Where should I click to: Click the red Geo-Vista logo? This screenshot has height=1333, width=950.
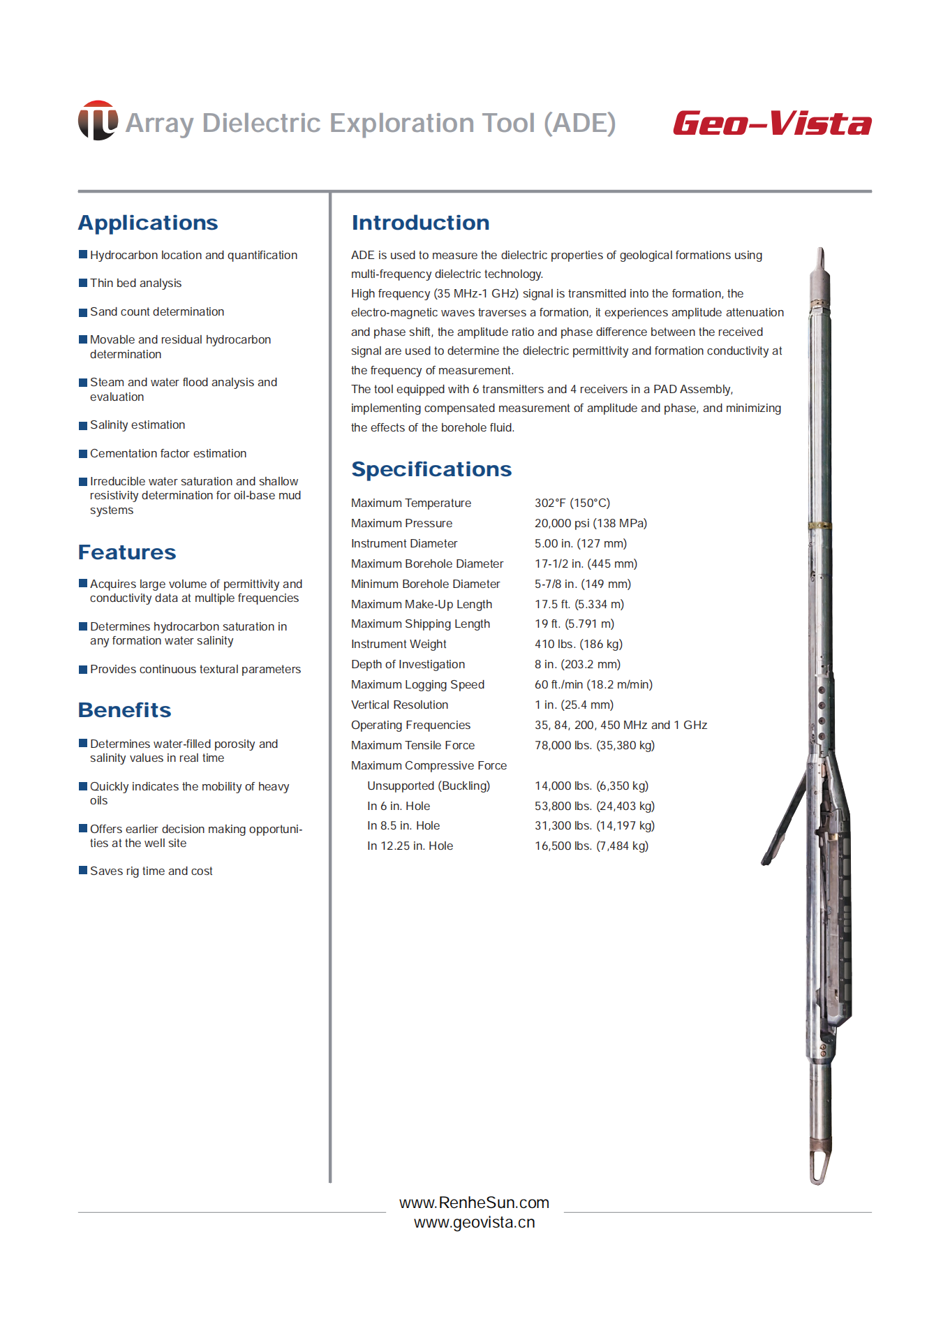[x=772, y=124]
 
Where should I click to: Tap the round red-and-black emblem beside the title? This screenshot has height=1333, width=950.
[x=98, y=120]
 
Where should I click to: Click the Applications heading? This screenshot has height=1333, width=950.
[x=148, y=223]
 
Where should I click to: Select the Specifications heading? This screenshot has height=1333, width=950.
[x=431, y=469]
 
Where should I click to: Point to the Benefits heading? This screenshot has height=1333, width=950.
[x=125, y=710]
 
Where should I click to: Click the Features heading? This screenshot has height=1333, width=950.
[x=127, y=552]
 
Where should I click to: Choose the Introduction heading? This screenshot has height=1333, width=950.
[x=420, y=223]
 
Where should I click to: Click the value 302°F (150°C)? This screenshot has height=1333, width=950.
[x=572, y=503]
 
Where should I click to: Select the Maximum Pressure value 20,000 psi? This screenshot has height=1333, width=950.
[x=591, y=523]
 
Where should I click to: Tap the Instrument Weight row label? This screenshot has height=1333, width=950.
[x=399, y=644]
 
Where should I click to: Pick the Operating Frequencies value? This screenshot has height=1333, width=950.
[x=621, y=725]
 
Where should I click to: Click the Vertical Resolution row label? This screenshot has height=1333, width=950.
[x=399, y=705]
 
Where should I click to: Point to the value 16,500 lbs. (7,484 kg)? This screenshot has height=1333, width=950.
[x=591, y=846]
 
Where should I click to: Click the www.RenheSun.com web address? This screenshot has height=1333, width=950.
[x=474, y=1202]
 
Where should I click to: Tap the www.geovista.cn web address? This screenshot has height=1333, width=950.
[x=474, y=1223]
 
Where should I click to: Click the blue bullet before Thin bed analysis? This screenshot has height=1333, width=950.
[x=83, y=283]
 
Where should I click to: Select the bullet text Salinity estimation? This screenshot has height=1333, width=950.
[x=138, y=425]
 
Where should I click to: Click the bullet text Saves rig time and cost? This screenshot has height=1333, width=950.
[x=151, y=871]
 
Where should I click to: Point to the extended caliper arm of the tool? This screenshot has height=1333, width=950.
[x=785, y=820]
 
